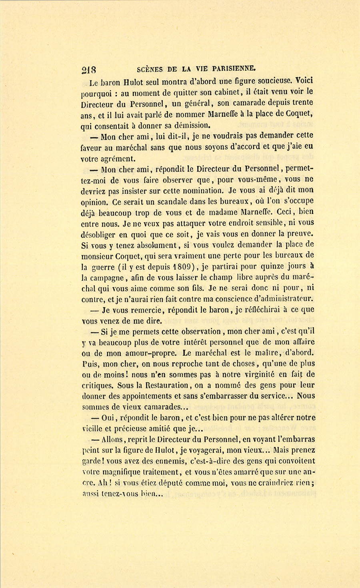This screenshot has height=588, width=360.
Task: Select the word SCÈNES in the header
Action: click(152, 69)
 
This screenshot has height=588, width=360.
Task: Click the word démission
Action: click(186, 126)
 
